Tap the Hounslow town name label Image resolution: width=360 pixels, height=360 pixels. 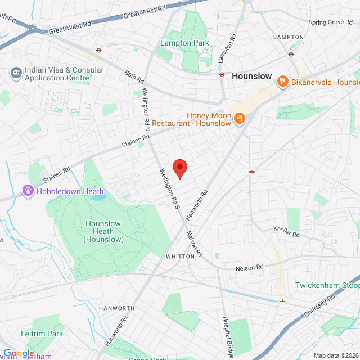[251, 75]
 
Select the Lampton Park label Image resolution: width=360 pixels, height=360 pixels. [184, 43]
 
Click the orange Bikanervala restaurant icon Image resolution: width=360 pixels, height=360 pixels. [283, 82]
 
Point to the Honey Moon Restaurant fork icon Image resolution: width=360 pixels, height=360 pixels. [240, 118]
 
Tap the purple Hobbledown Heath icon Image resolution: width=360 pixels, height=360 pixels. [28, 191]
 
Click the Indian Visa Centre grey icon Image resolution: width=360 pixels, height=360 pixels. [16, 74]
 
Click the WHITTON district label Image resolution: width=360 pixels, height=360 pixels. [179, 256]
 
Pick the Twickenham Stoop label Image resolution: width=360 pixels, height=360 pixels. [327, 285]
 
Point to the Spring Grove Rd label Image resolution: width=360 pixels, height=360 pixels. [332, 22]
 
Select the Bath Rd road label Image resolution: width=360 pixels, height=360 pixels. [134, 74]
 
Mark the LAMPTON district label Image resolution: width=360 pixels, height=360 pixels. [288, 37]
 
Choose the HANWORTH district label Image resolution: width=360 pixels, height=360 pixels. [116, 308]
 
